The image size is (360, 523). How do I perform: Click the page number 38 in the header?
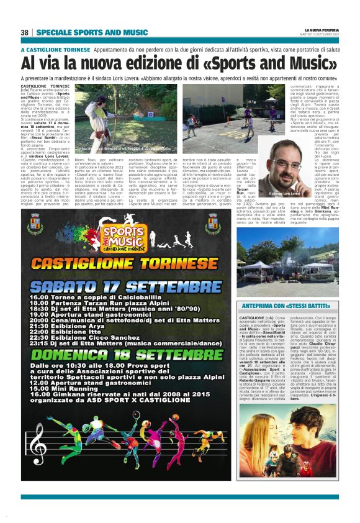point(25,32)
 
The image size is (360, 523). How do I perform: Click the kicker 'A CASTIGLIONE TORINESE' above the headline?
point(55,48)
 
